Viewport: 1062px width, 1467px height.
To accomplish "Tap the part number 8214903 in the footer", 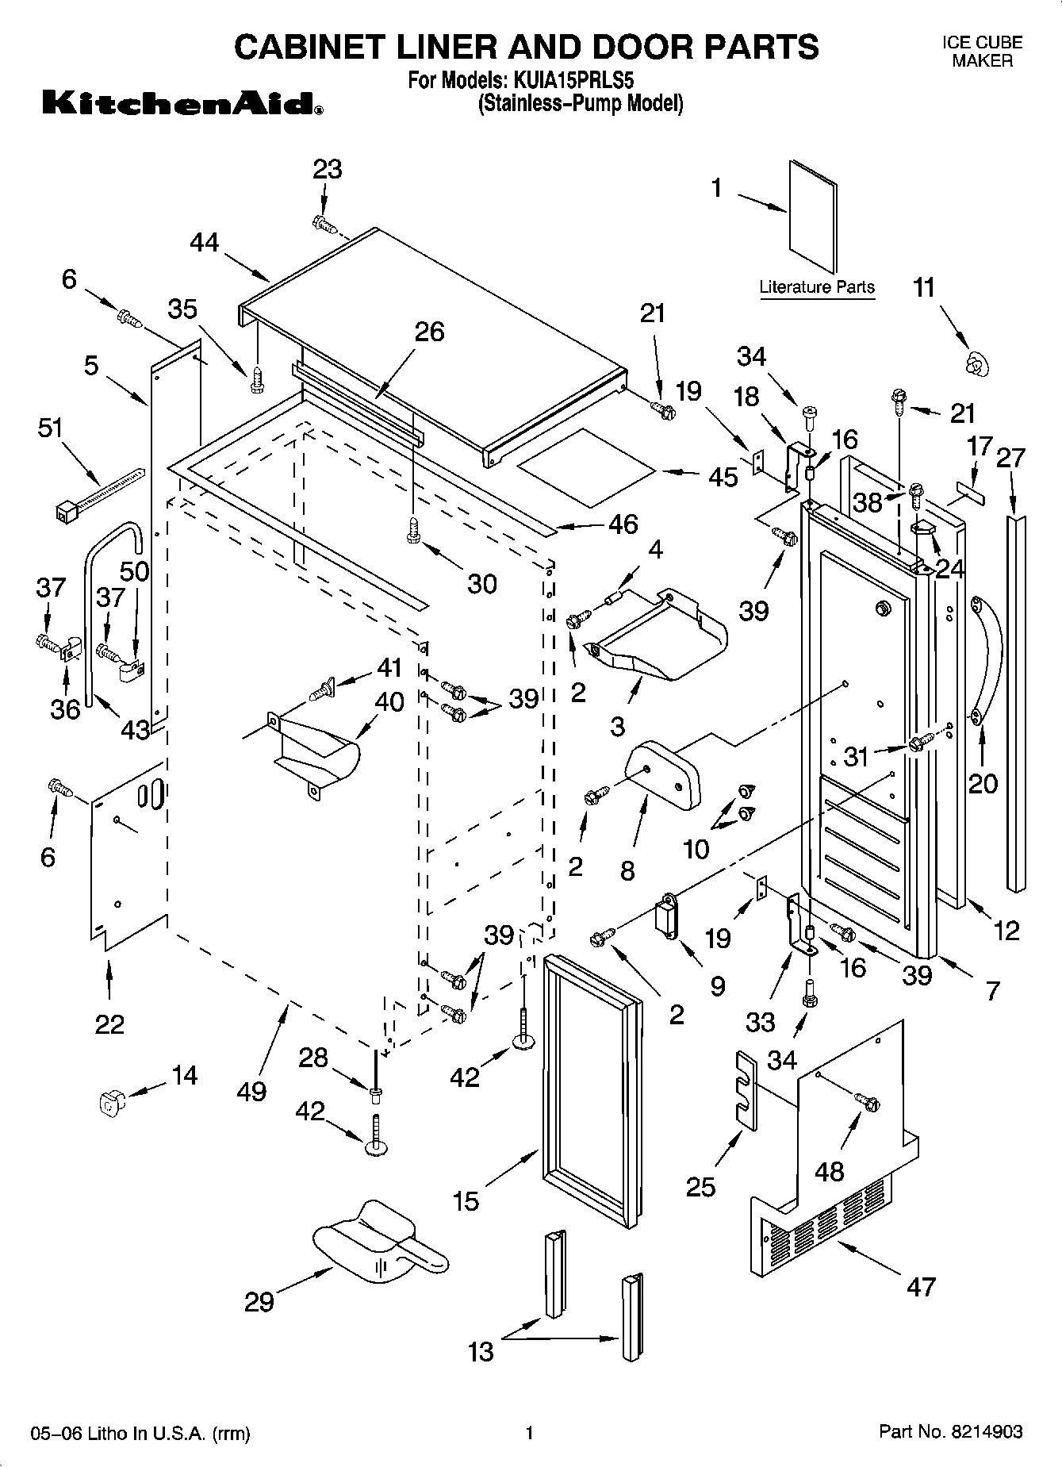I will click(x=987, y=1432).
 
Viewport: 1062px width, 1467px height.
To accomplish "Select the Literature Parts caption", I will click(x=816, y=287).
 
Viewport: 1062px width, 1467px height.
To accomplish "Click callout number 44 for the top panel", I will click(x=205, y=242).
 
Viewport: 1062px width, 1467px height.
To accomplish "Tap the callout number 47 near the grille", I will click(x=921, y=1286).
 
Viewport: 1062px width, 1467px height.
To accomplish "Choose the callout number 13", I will click(x=481, y=1350).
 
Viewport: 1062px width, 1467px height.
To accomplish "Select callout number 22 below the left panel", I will click(x=109, y=1024).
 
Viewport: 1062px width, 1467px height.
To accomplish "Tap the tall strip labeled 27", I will click(x=1016, y=702).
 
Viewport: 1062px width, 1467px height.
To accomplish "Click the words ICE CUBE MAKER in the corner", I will click(x=982, y=52).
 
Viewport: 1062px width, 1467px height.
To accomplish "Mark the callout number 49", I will click(x=251, y=1091).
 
